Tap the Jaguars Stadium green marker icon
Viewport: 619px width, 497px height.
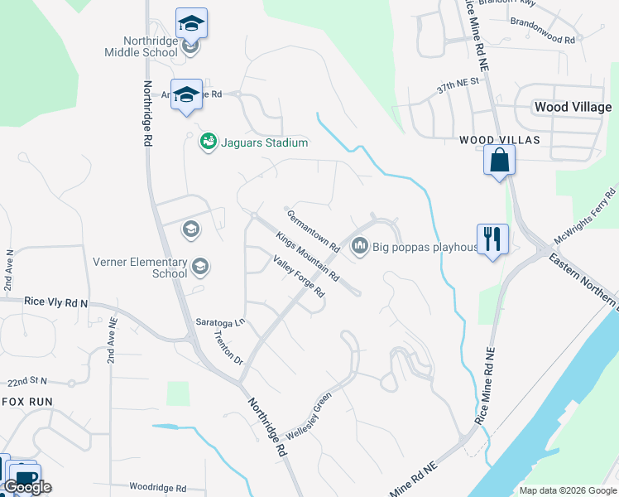pos(208,142)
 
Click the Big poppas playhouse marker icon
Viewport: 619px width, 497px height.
pos(360,246)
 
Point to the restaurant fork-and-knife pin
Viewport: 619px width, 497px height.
pos(493,239)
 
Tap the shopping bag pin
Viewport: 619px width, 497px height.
pos(500,159)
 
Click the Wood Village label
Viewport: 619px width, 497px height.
pos(573,107)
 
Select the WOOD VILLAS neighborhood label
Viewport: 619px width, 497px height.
pos(500,141)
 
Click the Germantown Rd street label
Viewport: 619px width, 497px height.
pos(314,230)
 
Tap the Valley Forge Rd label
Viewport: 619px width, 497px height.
pos(299,276)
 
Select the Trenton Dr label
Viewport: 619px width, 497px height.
pos(228,349)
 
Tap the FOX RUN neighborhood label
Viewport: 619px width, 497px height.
pos(26,401)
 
